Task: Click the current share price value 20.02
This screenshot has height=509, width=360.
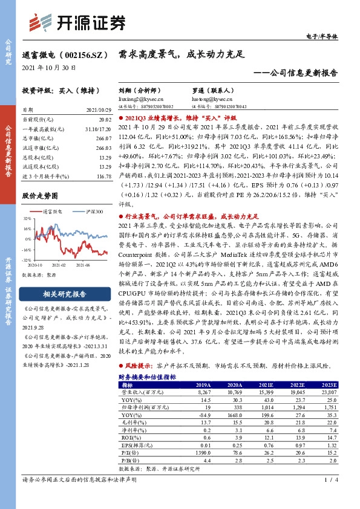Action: coord(106,120)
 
